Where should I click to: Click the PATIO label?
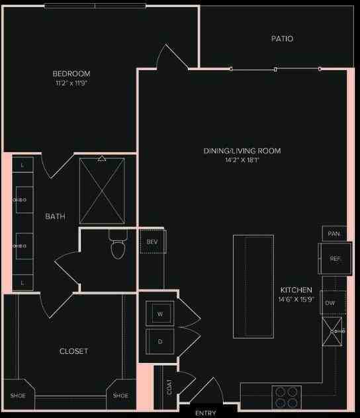(282, 39)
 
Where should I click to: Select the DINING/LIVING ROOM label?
(242, 151)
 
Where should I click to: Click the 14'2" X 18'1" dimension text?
(242, 161)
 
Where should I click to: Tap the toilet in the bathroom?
(118, 247)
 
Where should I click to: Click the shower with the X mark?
(102, 190)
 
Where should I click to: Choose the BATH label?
(55, 216)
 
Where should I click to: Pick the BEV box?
(152, 242)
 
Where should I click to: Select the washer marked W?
(160, 313)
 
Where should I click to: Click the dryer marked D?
(160, 341)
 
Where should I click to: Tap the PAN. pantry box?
(334, 233)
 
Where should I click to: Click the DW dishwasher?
(330, 303)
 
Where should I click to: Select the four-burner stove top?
(286, 397)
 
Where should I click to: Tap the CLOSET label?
(73, 351)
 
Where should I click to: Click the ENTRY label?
(205, 413)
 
